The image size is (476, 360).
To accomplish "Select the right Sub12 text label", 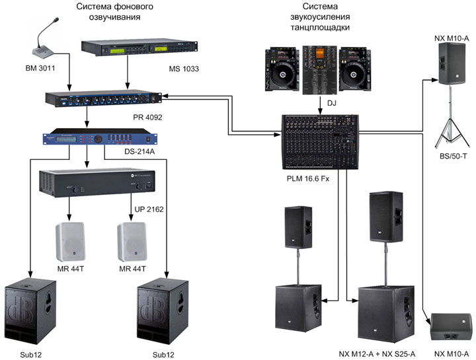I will (x=163, y=355).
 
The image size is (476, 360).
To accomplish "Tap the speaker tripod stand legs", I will (x=451, y=129).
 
